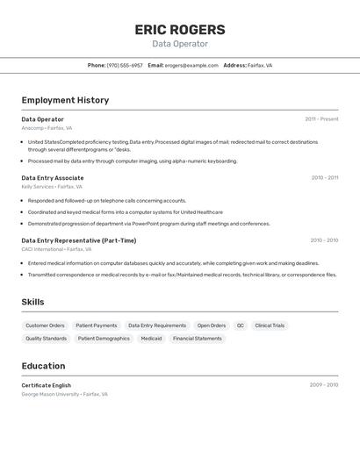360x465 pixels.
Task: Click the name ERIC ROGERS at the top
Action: tap(180, 29)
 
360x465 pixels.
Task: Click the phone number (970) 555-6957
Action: tap(125, 65)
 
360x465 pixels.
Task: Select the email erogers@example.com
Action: tap(191, 65)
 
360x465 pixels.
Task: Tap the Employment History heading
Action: tap(65, 100)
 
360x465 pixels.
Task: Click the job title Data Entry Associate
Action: tap(53, 178)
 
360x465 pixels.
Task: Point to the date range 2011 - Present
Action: tap(321, 119)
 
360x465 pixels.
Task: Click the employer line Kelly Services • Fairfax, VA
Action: tap(52, 187)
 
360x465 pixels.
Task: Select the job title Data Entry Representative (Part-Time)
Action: tap(79, 240)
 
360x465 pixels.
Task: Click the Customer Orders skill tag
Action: tap(45, 325)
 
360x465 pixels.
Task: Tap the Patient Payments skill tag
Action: tap(97, 325)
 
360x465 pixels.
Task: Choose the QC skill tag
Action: tap(240, 325)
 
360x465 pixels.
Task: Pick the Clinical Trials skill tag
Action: tap(270, 325)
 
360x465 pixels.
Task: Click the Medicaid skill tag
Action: tap(151, 339)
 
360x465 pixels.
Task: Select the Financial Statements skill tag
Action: tap(197, 339)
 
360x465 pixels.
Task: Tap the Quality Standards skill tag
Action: tap(46, 339)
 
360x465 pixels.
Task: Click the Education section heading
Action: tap(43, 366)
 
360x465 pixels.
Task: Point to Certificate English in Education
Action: tap(47, 385)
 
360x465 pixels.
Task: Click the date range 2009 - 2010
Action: tap(323, 385)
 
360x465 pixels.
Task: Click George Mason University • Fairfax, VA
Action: tap(65, 395)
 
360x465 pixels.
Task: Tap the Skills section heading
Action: tap(33, 302)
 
